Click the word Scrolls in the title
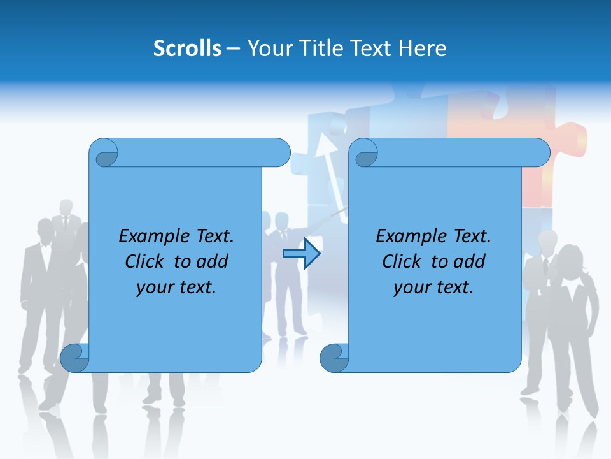pyautogui.click(x=188, y=48)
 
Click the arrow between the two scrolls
pyautogui.click(x=302, y=254)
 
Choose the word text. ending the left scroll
pyautogui.click(x=195, y=287)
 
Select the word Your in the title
pyautogui.click(x=267, y=48)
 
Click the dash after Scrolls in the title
pyautogui.click(x=233, y=48)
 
